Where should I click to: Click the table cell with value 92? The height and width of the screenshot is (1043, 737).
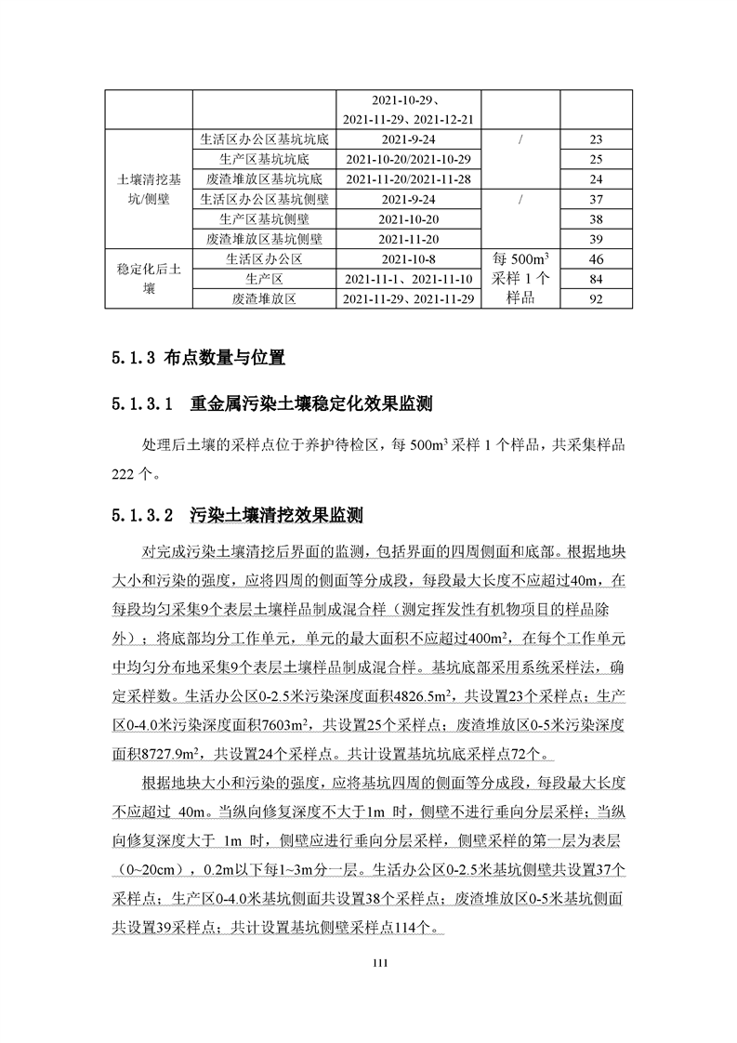tap(596, 298)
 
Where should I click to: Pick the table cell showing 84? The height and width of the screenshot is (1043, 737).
tap(596, 279)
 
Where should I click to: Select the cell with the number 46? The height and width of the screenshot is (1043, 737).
tap(596, 259)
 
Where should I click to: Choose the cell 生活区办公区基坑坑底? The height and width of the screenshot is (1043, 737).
tap(264, 139)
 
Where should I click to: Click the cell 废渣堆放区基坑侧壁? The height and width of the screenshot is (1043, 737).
tap(264, 239)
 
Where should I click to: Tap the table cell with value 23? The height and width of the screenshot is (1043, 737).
tap(596, 139)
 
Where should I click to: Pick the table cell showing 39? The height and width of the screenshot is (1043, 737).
tap(596, 239)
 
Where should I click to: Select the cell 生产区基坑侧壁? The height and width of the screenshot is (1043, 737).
tap(264, 219)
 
